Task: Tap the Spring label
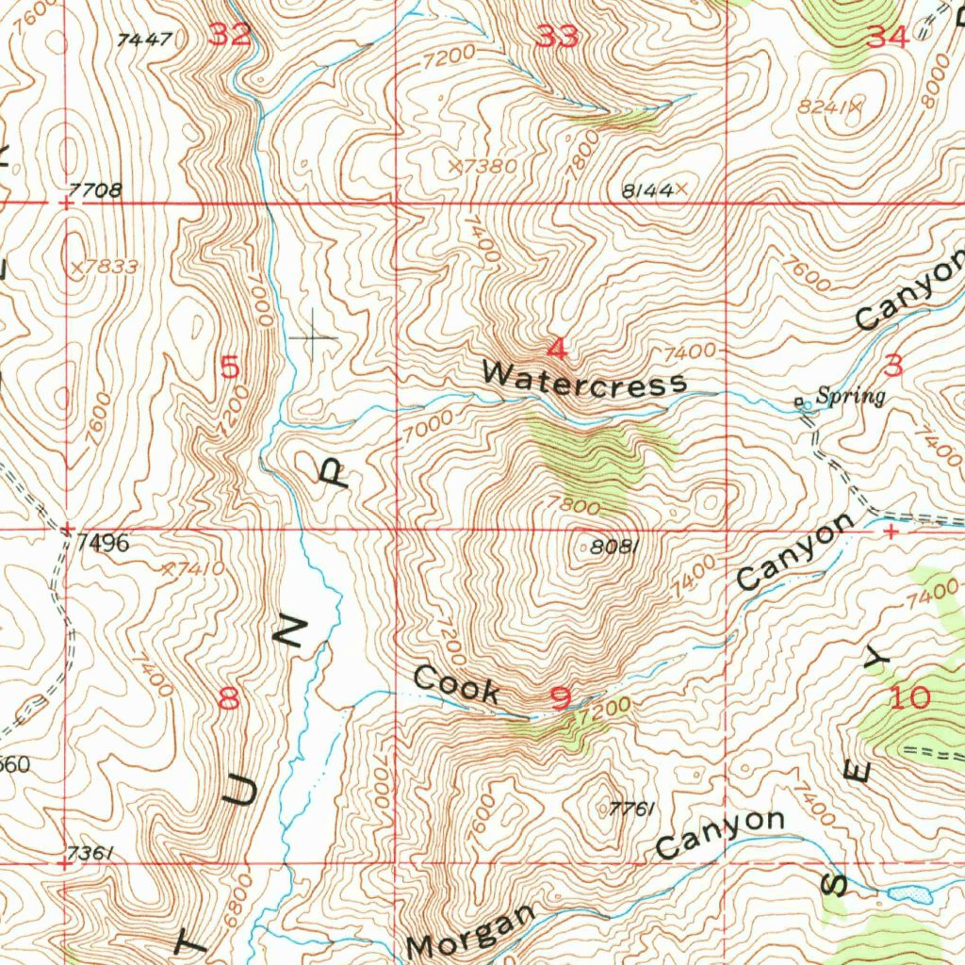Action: pos(850,397)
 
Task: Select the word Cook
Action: pos(457,685)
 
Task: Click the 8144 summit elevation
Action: pos(647,190)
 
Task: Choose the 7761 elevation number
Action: pos(631,809)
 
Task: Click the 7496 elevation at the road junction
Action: pos(104,544)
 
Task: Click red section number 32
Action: pos(230,36)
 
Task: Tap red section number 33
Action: pos(557,38)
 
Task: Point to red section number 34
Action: pos(887,38)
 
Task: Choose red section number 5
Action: pos(229,367)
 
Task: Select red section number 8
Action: pos(229,698)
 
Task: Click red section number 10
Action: pos(908,698)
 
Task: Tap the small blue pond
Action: pos(911,892)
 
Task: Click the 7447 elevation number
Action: pos(145,40)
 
